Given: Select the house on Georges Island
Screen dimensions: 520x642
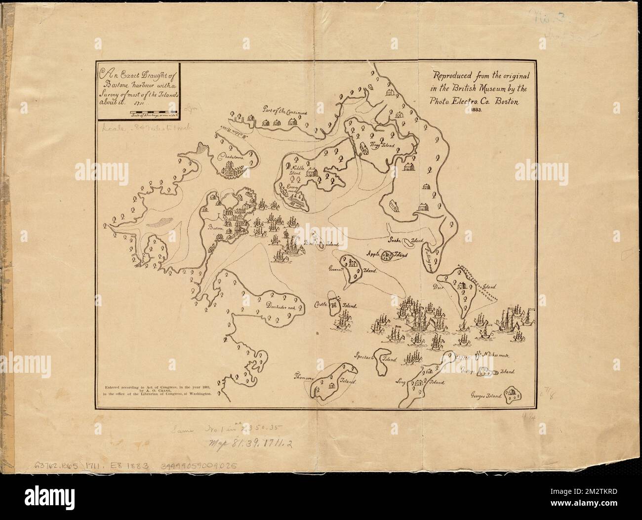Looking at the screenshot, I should click(516, 394).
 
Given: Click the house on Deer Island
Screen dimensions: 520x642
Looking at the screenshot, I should click(460, 285).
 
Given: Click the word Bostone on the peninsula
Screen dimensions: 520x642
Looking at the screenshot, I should click(216, 229).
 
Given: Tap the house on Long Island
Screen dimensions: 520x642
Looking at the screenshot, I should click(419, 382).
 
